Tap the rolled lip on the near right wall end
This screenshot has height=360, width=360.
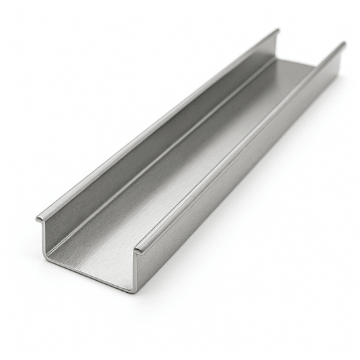pyautogui.click(x=138, y=251)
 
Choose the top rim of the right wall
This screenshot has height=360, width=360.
pyautogui.click(x=242, y=144)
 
